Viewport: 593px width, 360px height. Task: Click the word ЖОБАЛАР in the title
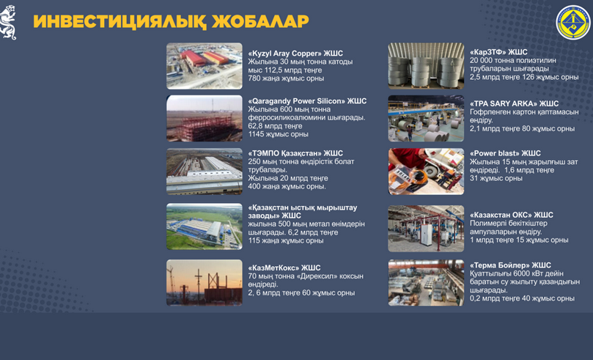[260, 21]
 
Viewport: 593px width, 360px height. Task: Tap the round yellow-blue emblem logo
[573, 23]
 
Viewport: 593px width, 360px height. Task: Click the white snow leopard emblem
[8, 23]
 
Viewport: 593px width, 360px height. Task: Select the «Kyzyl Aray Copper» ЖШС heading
[295, 54]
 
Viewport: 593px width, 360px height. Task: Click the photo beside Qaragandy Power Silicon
[205, 118]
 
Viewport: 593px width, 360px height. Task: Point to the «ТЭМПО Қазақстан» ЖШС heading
[295, 153]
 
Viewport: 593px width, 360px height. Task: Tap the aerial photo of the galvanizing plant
[205, 227]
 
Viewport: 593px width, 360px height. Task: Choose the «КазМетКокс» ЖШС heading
[284, 268]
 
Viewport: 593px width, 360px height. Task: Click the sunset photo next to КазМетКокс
[205, 282]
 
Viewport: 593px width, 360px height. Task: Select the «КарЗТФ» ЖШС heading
[498, 52]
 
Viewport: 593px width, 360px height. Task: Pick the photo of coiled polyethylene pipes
[426, 66]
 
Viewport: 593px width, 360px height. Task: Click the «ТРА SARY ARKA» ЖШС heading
[514, 103]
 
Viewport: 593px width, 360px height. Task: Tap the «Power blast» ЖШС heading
[505, 153]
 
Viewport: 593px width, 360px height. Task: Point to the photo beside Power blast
[426, 172]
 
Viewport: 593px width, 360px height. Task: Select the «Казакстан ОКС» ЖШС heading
[512, 215]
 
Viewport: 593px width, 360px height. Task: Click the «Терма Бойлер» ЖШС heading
[510, 265]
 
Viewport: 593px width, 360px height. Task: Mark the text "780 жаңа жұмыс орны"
[286, 78]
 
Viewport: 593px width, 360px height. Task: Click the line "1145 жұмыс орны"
[278, 134]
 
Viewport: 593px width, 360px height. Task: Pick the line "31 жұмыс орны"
[496, 178]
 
